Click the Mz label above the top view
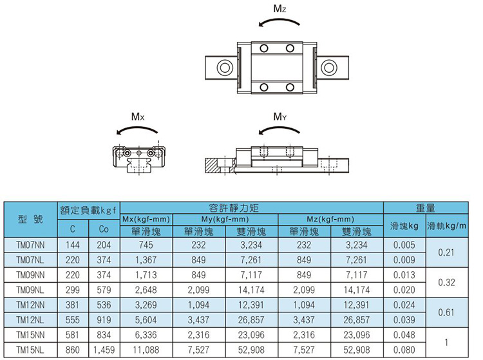(x=279, y=8)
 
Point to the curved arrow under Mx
(x=137, y=127)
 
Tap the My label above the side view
(x=280, y=117)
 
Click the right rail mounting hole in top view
(x=328, y=68)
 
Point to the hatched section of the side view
(x=212, y=166)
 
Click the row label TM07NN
(x=30, y=245)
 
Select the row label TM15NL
(x=30, y=350)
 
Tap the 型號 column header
(x=30, y=219)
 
